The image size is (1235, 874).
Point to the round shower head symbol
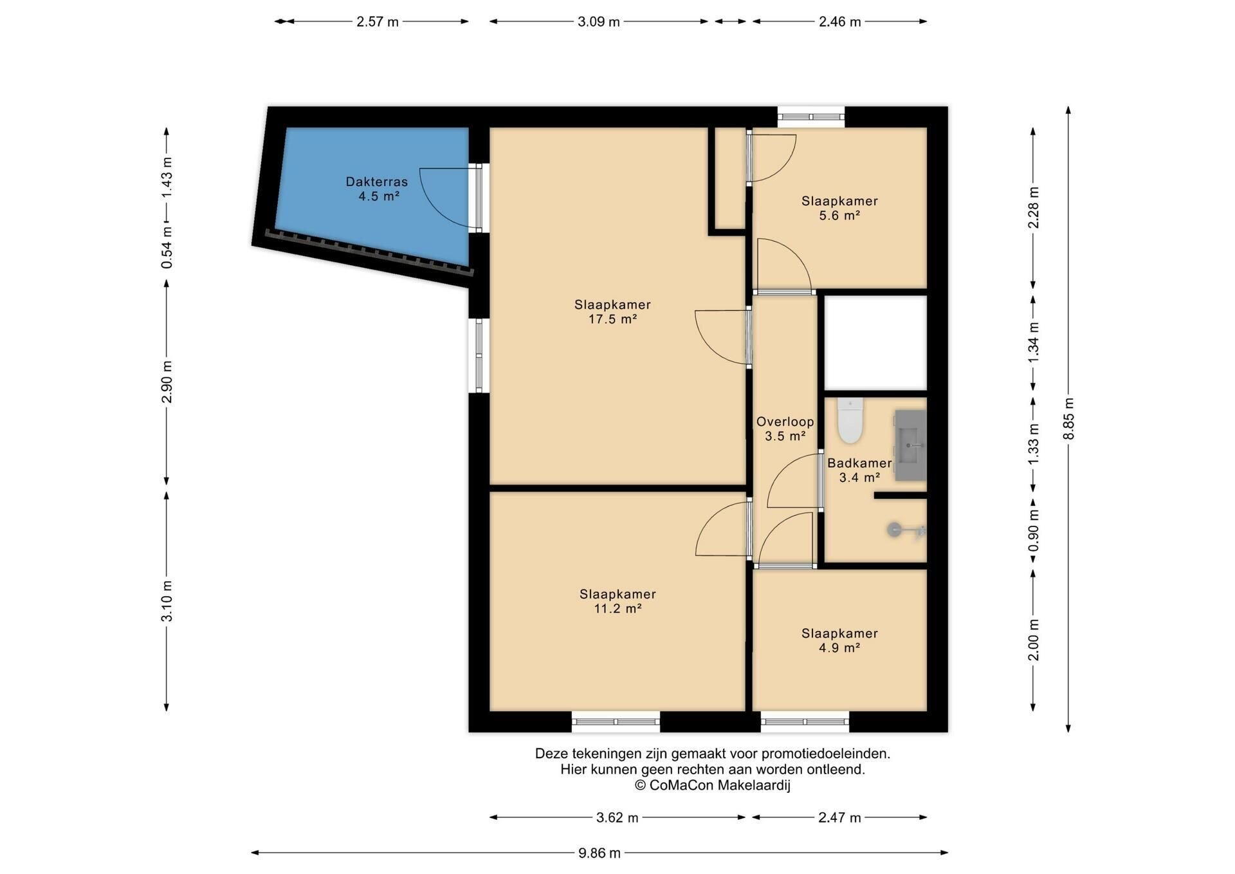pyautogui.click(x=894, y=530)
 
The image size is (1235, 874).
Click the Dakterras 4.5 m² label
pyautogui.click(x=377, y=189)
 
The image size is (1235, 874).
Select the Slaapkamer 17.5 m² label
pyautogui.click(x=612, y=311)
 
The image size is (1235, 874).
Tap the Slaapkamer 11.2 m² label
pyautogui.click(x=617, y=601)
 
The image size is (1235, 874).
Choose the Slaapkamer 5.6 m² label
pyautogui.click(x=839, y=208)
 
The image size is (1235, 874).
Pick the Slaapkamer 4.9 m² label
pyautogui.click(x=839, y=640)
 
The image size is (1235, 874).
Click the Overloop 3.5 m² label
pyautogui.click(x=785, y=429)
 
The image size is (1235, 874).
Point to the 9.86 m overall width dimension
pyautogui.click(x=599, y=853)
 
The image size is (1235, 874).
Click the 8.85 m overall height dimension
pyautogui.click(x=1068, y=419)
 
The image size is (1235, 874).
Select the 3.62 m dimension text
pyautogui.click(x=617, y=818)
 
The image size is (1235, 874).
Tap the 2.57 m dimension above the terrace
pyautogui.click(x=378, y=22)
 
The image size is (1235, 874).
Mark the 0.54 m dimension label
pyautogui.click(x=167, y=247)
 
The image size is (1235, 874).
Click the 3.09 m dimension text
pyautogui.click(x=599, y=22)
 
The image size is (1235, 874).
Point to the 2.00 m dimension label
pyautogui.click(x=1034, y=640)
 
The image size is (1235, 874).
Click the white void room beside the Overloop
pyautogui.click(x=875, y=343)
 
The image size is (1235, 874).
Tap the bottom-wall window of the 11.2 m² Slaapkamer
pyautogui.click(x=616, y=721)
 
